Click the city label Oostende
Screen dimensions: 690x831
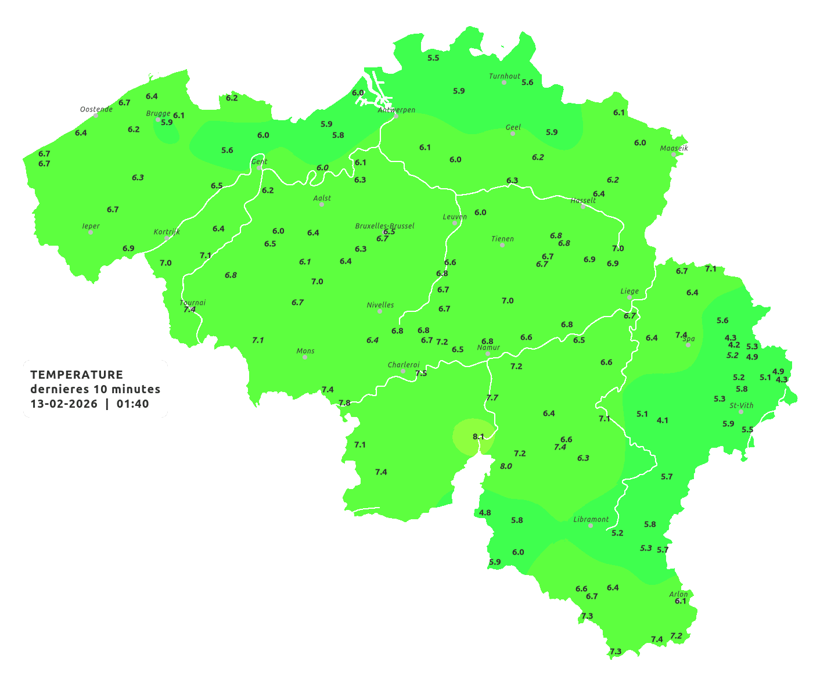(x=96, y=109)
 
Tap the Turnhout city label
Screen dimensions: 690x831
(x=505, y=76)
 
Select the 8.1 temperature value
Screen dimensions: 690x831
(x=479, y=436)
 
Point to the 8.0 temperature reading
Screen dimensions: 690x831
(x=506, y=466)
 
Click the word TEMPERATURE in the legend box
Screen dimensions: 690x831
(x=77, y=375)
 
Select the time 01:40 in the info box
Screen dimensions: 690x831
(x=132, y=404)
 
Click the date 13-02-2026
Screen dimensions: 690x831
(x=64, y=404)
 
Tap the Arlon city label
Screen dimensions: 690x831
(x=678, y=594)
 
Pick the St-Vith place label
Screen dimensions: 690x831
(x=742, y=405)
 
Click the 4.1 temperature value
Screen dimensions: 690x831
(x=662, y=420)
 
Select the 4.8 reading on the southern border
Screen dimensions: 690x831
(x=485, y=512)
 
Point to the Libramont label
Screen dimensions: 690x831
(x=591, y=519)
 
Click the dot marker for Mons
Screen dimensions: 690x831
(x=305, y=357)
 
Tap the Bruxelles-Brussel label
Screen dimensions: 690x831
(x=384, y=225)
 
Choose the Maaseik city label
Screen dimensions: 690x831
(x=674, y=148)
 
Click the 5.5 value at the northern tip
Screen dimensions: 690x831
(x=433, y=57)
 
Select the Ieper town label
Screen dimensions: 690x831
(x=91, y=226)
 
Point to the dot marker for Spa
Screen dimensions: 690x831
(x=688, y=345)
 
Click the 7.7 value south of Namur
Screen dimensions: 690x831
(x=492, y=397)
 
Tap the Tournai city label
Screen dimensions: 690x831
(x=193, y=303)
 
